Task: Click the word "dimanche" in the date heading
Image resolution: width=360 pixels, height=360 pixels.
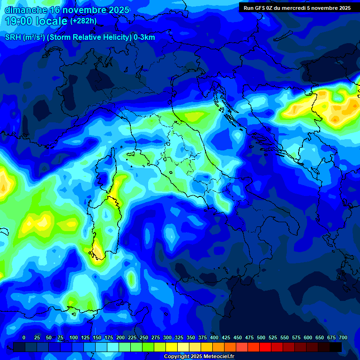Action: (x=23, y=10)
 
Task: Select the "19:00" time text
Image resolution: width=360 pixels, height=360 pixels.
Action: (x=19, y=21)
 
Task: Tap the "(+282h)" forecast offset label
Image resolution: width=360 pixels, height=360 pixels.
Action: (x=83, y=21)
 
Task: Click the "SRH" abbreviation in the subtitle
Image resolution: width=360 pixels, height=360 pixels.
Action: (x=13, y=37)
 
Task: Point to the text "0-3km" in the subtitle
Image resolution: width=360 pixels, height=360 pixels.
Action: (x=144, y=37)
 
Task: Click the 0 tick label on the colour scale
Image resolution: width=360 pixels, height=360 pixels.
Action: (x=24, y=337)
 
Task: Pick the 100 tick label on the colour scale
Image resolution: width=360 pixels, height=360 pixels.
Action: (x=74, y=337)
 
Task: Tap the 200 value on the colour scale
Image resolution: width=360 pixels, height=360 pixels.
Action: (x=120, y=337)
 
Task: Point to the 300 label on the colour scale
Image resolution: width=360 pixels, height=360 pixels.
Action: (x=167, y=337)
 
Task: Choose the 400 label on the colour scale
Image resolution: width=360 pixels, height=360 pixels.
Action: (x=214, y=337)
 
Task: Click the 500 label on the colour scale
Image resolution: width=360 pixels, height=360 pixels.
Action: (x=261, y=337)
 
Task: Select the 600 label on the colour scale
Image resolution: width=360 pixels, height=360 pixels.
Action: (x=308, y=337)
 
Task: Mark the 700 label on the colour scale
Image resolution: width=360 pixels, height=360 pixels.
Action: (x=343, y=337)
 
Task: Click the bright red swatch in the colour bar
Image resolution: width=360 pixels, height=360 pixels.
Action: (x=265, y=347)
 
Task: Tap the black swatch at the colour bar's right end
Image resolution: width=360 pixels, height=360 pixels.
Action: (x=336, y=347)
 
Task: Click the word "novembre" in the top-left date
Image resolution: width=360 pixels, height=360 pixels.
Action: (x=84, y=10)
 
